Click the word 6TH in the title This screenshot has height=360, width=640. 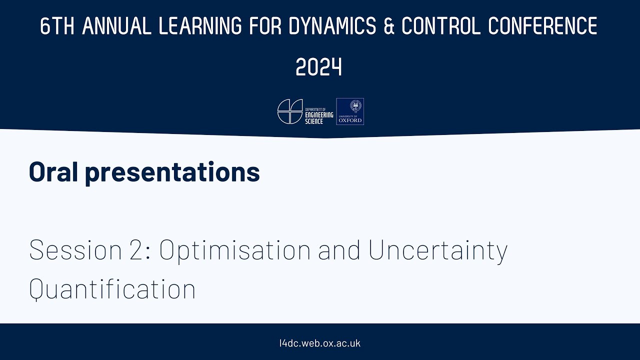click(57, 26)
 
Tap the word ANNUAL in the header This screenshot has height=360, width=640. click(116, 26)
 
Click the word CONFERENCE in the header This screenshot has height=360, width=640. click(543, 26)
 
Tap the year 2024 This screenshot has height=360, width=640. click(319, 67)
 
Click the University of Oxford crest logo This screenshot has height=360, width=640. click(350, 111)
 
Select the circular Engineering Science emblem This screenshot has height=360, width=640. click(290, 111)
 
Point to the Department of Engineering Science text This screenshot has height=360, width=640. click(319, 111)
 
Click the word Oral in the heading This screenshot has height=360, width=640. click(52, 171)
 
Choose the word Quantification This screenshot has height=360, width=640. click(112, 289)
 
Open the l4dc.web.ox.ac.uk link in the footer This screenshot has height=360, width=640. click(320, 343)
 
